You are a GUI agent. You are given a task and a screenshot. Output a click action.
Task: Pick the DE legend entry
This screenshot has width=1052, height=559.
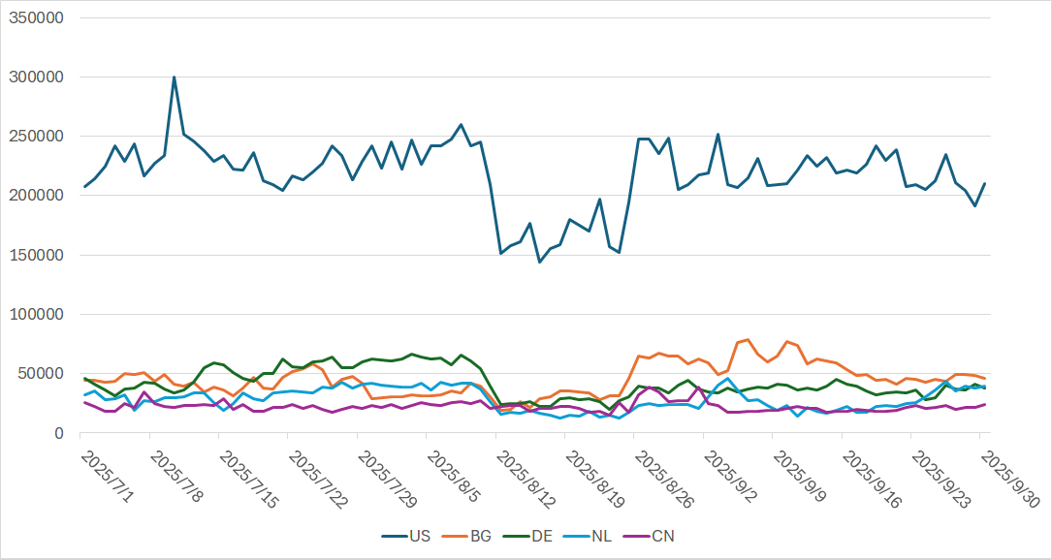[x=541, y=536]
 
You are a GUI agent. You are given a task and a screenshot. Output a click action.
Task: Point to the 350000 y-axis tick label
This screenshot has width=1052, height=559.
[x=38, y=17]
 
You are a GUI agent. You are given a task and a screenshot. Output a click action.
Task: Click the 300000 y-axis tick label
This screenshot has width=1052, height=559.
[x=38, y=77]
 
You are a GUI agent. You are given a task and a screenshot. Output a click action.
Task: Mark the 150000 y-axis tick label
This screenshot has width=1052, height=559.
[x=38, y=255]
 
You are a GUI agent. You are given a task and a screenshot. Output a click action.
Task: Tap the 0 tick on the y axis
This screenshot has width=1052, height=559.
[x=60, y=433]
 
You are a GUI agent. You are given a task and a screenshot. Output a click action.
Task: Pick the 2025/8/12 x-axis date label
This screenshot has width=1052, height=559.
[x=522, y=475]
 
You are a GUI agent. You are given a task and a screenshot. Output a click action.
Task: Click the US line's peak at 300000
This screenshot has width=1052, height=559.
[x=175, y=78]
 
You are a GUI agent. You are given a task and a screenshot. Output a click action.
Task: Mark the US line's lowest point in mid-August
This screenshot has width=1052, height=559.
[x=540, y=262]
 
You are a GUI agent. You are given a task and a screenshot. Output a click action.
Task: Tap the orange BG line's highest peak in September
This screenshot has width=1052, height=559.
[x=748, y=340]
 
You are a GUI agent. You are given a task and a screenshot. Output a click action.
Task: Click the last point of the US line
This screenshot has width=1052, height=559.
[x=985, y=183]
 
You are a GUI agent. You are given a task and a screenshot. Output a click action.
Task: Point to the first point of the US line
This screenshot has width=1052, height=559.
[x=84, y=187]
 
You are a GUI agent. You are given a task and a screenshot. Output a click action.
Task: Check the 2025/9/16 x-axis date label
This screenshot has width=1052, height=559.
[x=868, y=475]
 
